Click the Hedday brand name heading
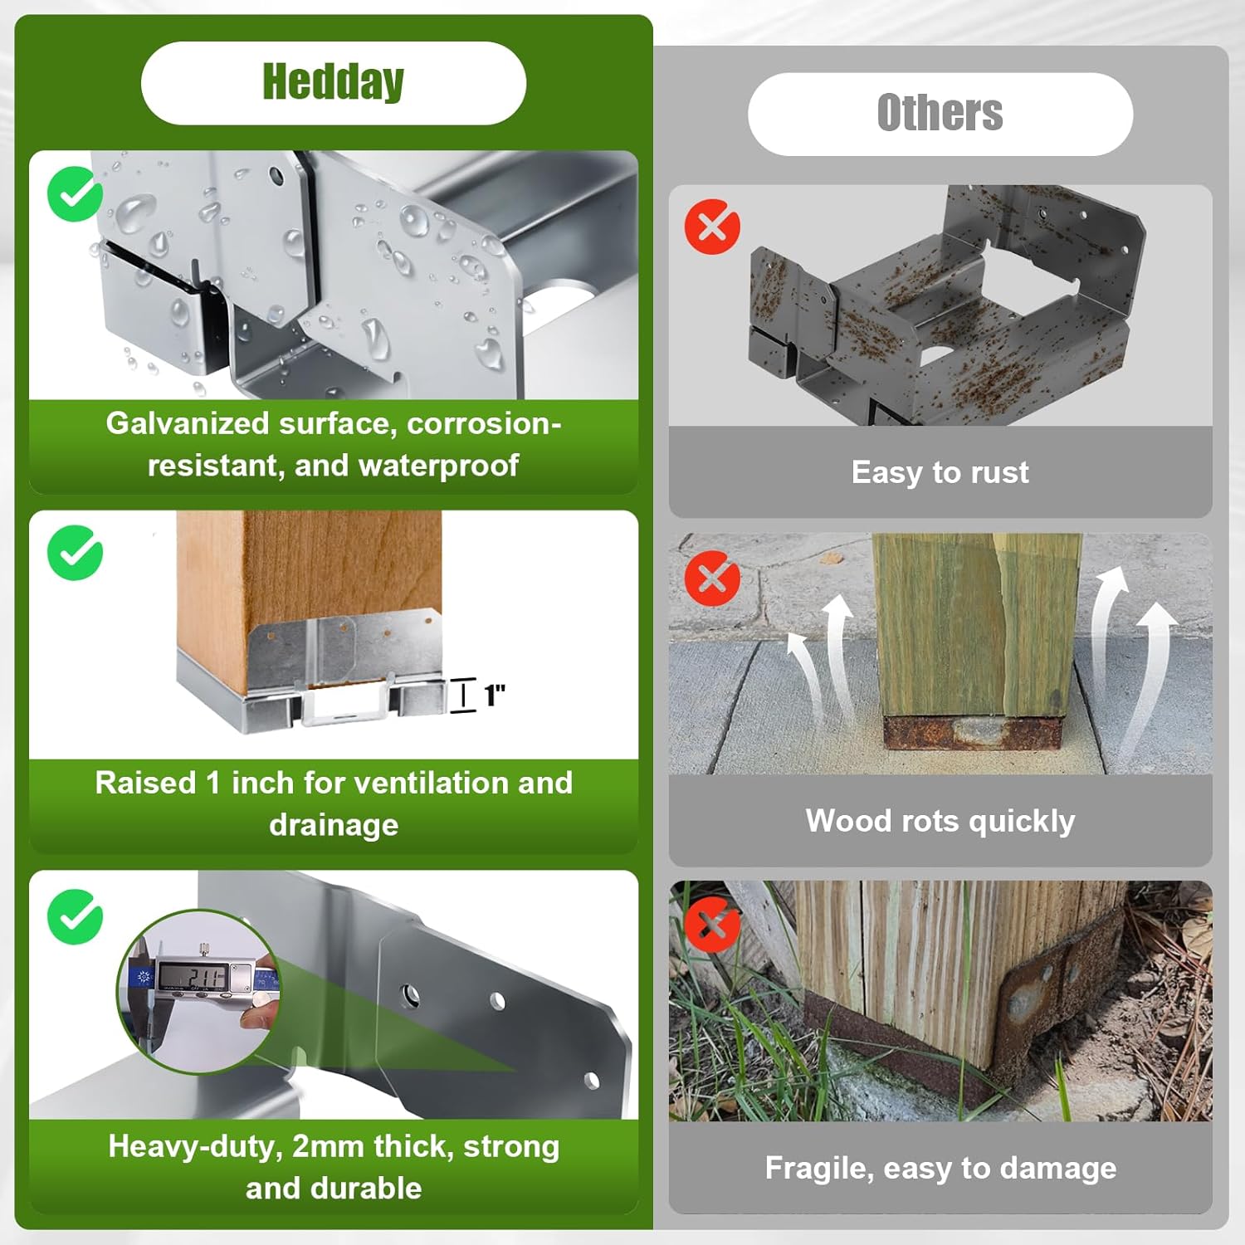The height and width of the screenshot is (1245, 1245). tap(333, 82)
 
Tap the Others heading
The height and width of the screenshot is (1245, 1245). tap(940, 113)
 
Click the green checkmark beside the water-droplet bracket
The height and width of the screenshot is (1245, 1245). tap(75, 194)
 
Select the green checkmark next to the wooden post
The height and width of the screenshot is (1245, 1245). tap(75, 553)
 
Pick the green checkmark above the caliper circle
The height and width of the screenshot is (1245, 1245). tap(75, 916)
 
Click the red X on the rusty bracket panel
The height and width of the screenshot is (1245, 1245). tap(712, 226)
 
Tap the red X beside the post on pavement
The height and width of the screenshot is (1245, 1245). tap(712, 578)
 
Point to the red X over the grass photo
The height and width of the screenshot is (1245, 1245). tap(712, 925)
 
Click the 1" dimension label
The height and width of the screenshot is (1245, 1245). tap(495, 695)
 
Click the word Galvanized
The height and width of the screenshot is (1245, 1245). tap(188, 423)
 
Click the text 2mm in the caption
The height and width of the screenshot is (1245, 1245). tap(328, 1146)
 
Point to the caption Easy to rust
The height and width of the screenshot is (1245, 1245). tap(940, 472)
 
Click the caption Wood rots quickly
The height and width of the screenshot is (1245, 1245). tap(940, 821)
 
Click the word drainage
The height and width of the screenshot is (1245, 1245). tap(334, 825)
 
